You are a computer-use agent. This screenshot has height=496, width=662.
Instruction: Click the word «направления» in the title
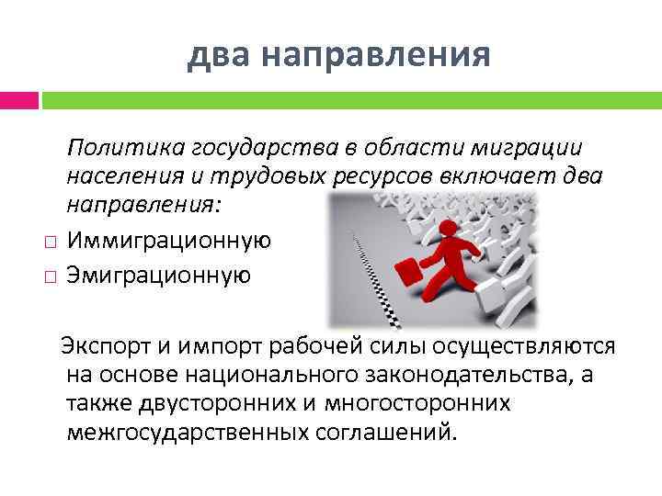376,56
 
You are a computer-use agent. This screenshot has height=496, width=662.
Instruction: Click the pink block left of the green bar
18,98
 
